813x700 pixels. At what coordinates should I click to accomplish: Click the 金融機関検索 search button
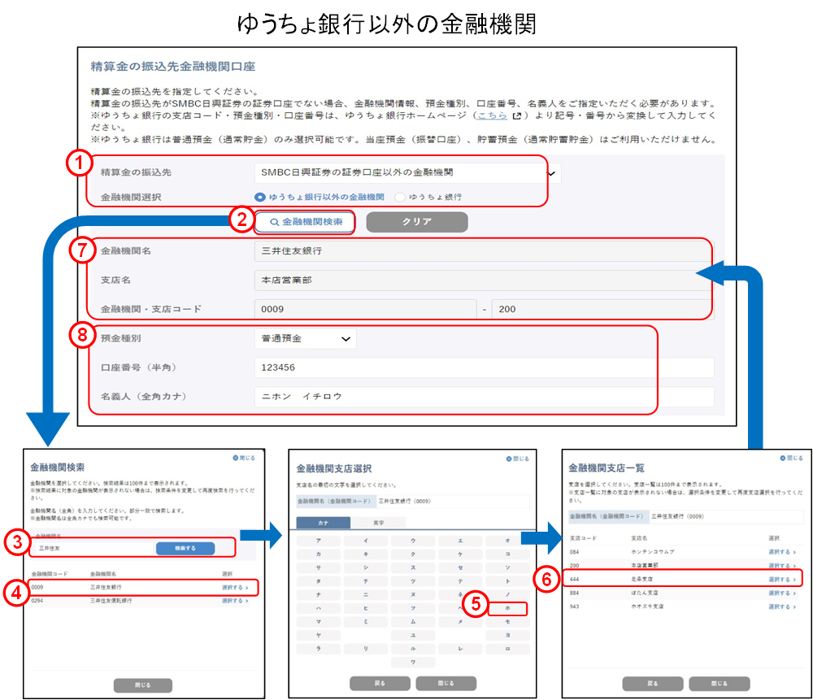pyautogui.click(x=305, y=221)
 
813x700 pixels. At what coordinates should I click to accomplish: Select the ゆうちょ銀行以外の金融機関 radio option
pyautogui.click(x=260, y=197)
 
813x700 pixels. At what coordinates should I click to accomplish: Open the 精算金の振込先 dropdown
pyautogui.click(x=406, y=172)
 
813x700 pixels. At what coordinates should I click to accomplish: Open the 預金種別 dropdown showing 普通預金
pyautogui.click(x=305, y=338)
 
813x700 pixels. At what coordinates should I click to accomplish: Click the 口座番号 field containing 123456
pyautogui.click(x=484, y=367)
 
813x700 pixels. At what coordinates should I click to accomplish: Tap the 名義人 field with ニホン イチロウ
pyautogui.click(x=484, y=397)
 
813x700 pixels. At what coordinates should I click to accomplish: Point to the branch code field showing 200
pyautogui.click(x=602, y=309)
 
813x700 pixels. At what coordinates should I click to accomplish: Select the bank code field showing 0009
pyautogui.click(x=364, y=309)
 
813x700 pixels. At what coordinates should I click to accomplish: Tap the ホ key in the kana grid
pyautogui.click(x=506, y=607)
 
